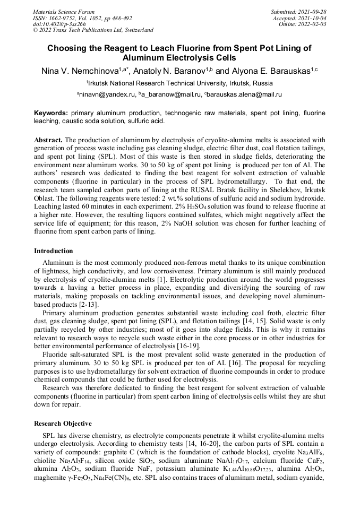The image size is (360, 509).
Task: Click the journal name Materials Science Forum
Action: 64,12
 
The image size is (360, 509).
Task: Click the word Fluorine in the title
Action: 188,48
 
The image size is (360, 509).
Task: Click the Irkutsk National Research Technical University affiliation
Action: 181,83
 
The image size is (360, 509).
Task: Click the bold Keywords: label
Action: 51,113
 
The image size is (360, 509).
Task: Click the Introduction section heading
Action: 54,251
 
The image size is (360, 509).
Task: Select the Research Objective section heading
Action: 63,424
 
